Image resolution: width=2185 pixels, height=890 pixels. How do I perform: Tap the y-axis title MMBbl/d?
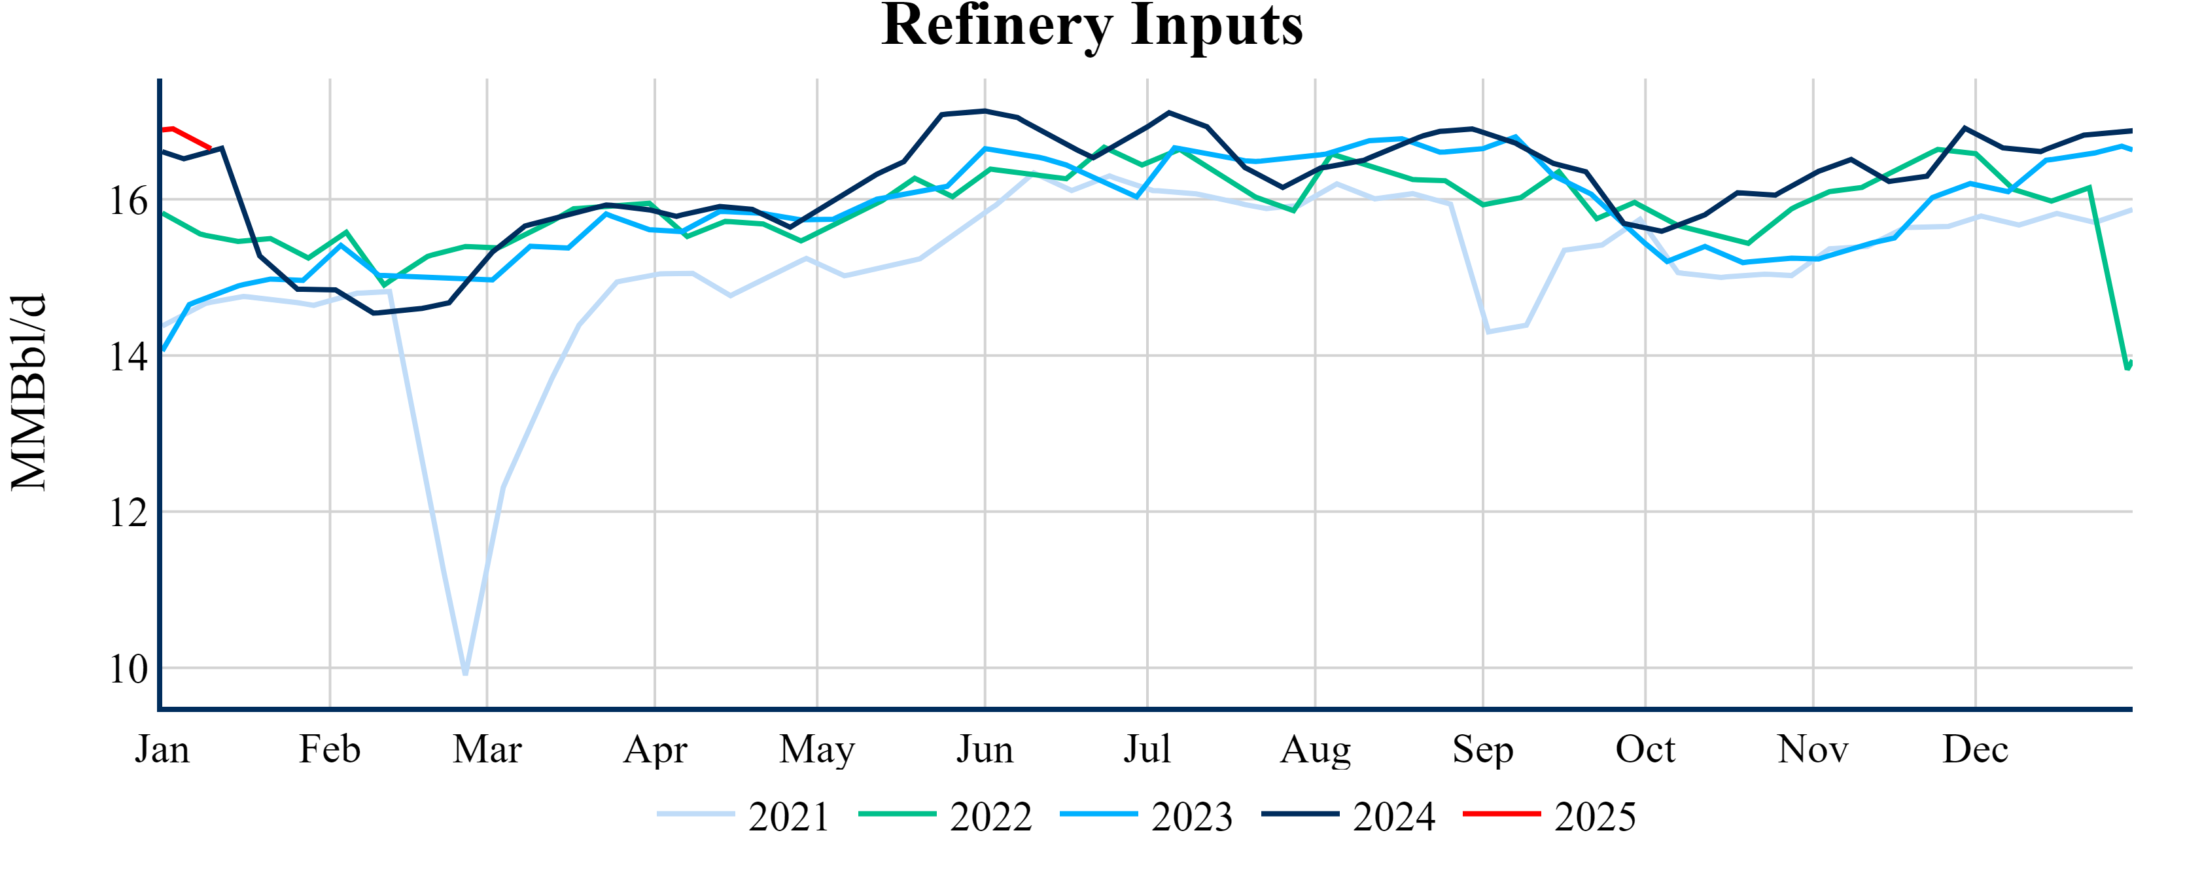click(29, 393)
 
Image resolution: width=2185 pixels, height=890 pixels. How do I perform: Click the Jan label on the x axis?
click(162, 749)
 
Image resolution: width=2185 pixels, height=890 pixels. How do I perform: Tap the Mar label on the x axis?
click(487, 749)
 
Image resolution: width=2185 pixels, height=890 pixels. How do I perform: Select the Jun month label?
click(985, 749)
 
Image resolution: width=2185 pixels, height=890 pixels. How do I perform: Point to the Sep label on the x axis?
click(1482, 749)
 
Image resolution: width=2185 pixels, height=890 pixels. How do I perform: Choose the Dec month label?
click(1976, 749)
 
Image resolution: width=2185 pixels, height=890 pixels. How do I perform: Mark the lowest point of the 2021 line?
click(466, 673)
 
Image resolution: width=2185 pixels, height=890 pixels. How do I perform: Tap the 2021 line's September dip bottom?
click(1489, 331)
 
